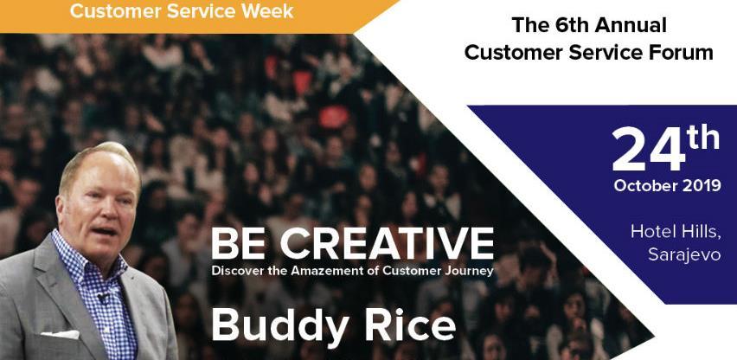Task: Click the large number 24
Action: pyautogui.click(x=649, y=149)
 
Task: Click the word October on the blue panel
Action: pyautogui.click(x=644, y=186)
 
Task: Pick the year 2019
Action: pyautogui.click(x=700, y=186)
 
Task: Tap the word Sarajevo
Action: pyautogui.click(x=684, y=255)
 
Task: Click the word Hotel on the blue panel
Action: pyautogui.click(x=650, y=231)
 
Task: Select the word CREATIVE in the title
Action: pyautogui.click(x=387, y=244)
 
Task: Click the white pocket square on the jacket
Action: pyautogui.click(x=61, y=335)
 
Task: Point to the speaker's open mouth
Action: pyautogui.click(x=104, y=231)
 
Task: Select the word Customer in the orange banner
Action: pyautogui.click(x=116, y=10)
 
